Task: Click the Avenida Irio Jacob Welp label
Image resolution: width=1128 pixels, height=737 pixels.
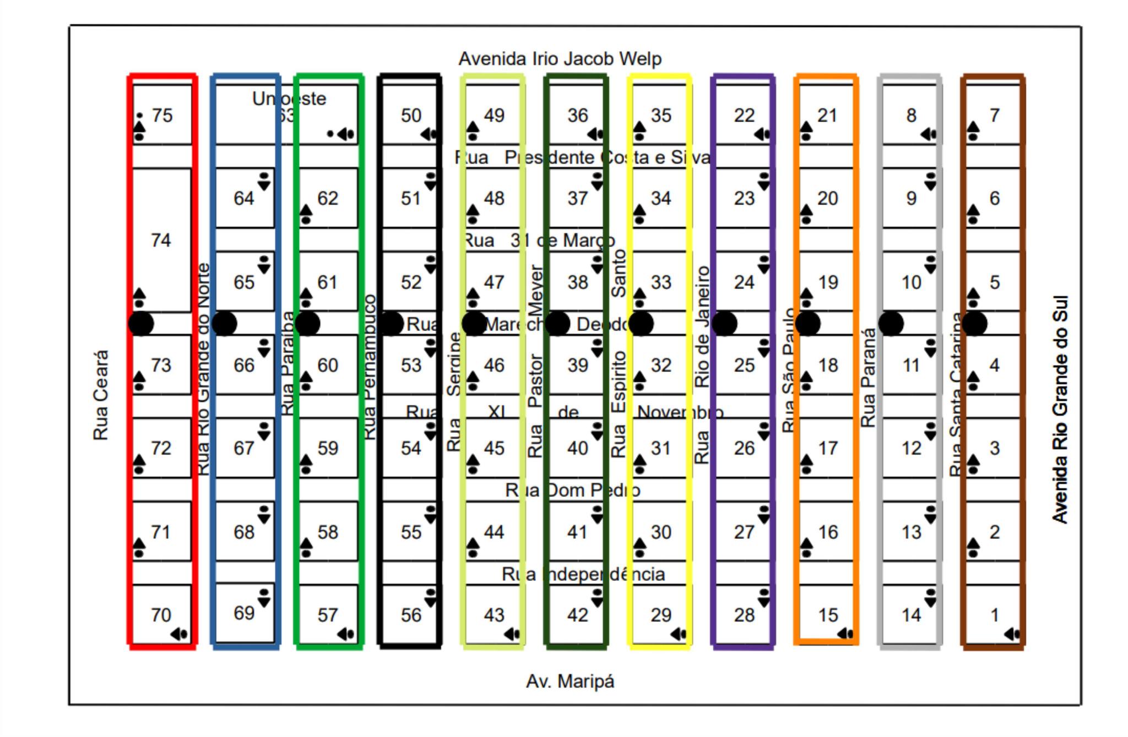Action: point(560,59)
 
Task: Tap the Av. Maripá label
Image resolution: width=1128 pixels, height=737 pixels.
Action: point(570,681)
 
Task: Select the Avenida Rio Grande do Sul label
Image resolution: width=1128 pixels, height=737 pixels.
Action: point(1060,409)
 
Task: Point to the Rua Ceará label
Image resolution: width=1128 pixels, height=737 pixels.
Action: point(100,395)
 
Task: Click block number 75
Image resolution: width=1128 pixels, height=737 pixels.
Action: point(162,116)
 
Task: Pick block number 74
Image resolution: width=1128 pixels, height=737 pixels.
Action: point(161,241)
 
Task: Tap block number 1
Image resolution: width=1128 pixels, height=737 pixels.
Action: point(994,615)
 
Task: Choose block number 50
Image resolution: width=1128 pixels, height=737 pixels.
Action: point(411,116)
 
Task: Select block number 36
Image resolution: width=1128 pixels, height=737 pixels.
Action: point(578,116)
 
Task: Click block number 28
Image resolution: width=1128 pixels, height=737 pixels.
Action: point(744,615)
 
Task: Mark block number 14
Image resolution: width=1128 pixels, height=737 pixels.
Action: point(911,615)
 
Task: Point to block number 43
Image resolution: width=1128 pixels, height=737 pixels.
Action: point(494,615)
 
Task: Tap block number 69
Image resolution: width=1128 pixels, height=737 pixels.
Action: point(244,613)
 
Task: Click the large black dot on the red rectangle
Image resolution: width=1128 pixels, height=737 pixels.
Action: point(141,324)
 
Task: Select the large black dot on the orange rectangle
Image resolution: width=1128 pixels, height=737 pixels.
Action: point(807,324)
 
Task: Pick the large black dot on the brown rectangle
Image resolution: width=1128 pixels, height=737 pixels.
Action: point(974,324)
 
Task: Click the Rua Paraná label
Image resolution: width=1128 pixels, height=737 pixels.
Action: point(868,378)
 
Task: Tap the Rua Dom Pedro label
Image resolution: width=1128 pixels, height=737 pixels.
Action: point(573,490)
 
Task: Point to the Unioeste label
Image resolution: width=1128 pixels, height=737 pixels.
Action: point(289,99)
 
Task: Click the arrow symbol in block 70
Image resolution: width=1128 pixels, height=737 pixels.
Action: point(180,635)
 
